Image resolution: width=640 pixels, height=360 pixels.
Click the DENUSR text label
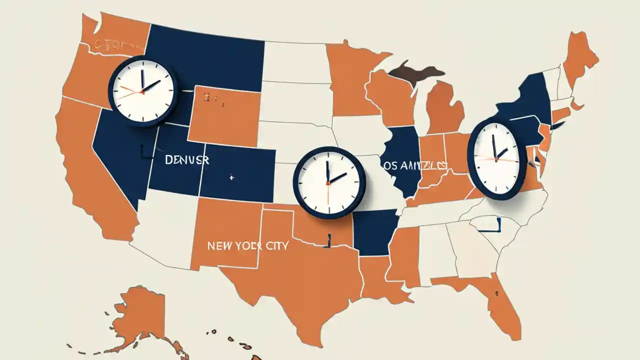click(187, 160)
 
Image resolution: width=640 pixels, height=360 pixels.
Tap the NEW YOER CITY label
click(247, 246)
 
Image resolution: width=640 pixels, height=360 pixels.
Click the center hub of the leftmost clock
click(142, 91)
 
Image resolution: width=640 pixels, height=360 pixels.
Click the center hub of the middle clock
click(328, 182)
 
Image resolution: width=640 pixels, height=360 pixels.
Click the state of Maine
click(580, 55)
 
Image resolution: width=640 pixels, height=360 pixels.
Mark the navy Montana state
click(205, 55)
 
